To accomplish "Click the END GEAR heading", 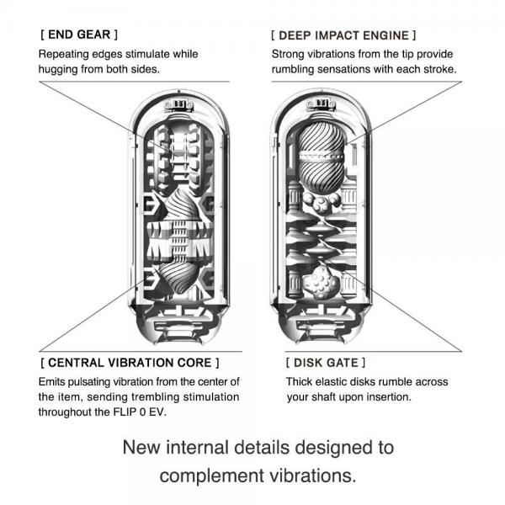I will (x=78, y=35).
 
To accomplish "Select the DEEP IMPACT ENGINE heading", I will (x=343, y=36).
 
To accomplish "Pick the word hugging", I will (x=61, y=70).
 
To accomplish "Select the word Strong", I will (x=289, y=54).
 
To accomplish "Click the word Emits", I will (x=53, y=381).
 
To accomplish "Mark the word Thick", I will (x=287, y=381).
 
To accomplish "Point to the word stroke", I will (x=439, y=70).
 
